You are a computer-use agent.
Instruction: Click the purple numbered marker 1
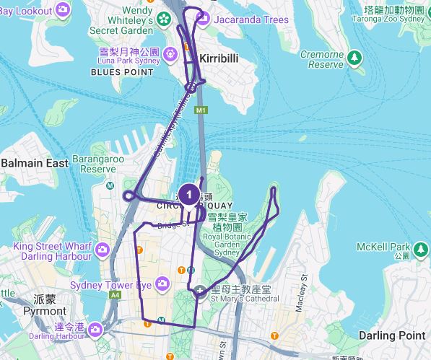tap(188, 194)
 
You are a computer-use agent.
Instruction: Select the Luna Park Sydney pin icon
tap(170, 53)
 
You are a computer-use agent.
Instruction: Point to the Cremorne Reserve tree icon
tap(354, 56)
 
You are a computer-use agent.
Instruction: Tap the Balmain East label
tap(35, 163)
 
